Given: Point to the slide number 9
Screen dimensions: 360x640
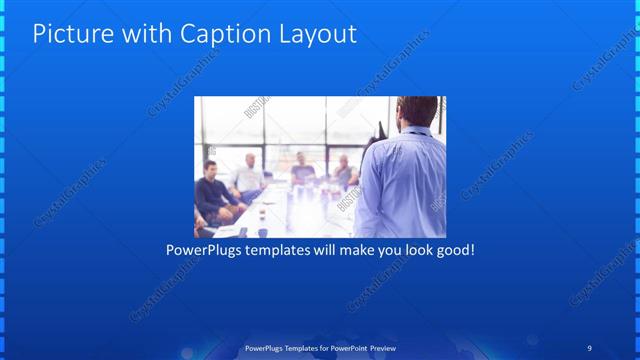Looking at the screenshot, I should coord(589,348).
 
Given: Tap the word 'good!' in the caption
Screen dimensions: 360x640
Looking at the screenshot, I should coord(455,249).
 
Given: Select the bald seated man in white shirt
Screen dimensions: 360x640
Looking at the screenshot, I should coord(245,175).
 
